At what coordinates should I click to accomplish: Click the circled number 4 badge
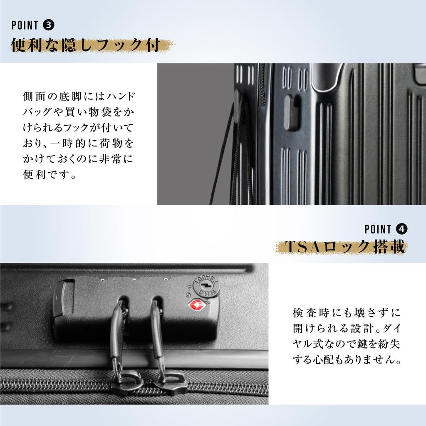click(402, 229)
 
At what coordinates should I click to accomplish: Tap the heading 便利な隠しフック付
click(86, 45)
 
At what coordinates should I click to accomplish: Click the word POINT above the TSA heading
click(378, 229)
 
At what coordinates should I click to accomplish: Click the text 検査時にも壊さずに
click(347, 312)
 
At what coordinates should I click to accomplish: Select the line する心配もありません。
click(347, 359)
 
